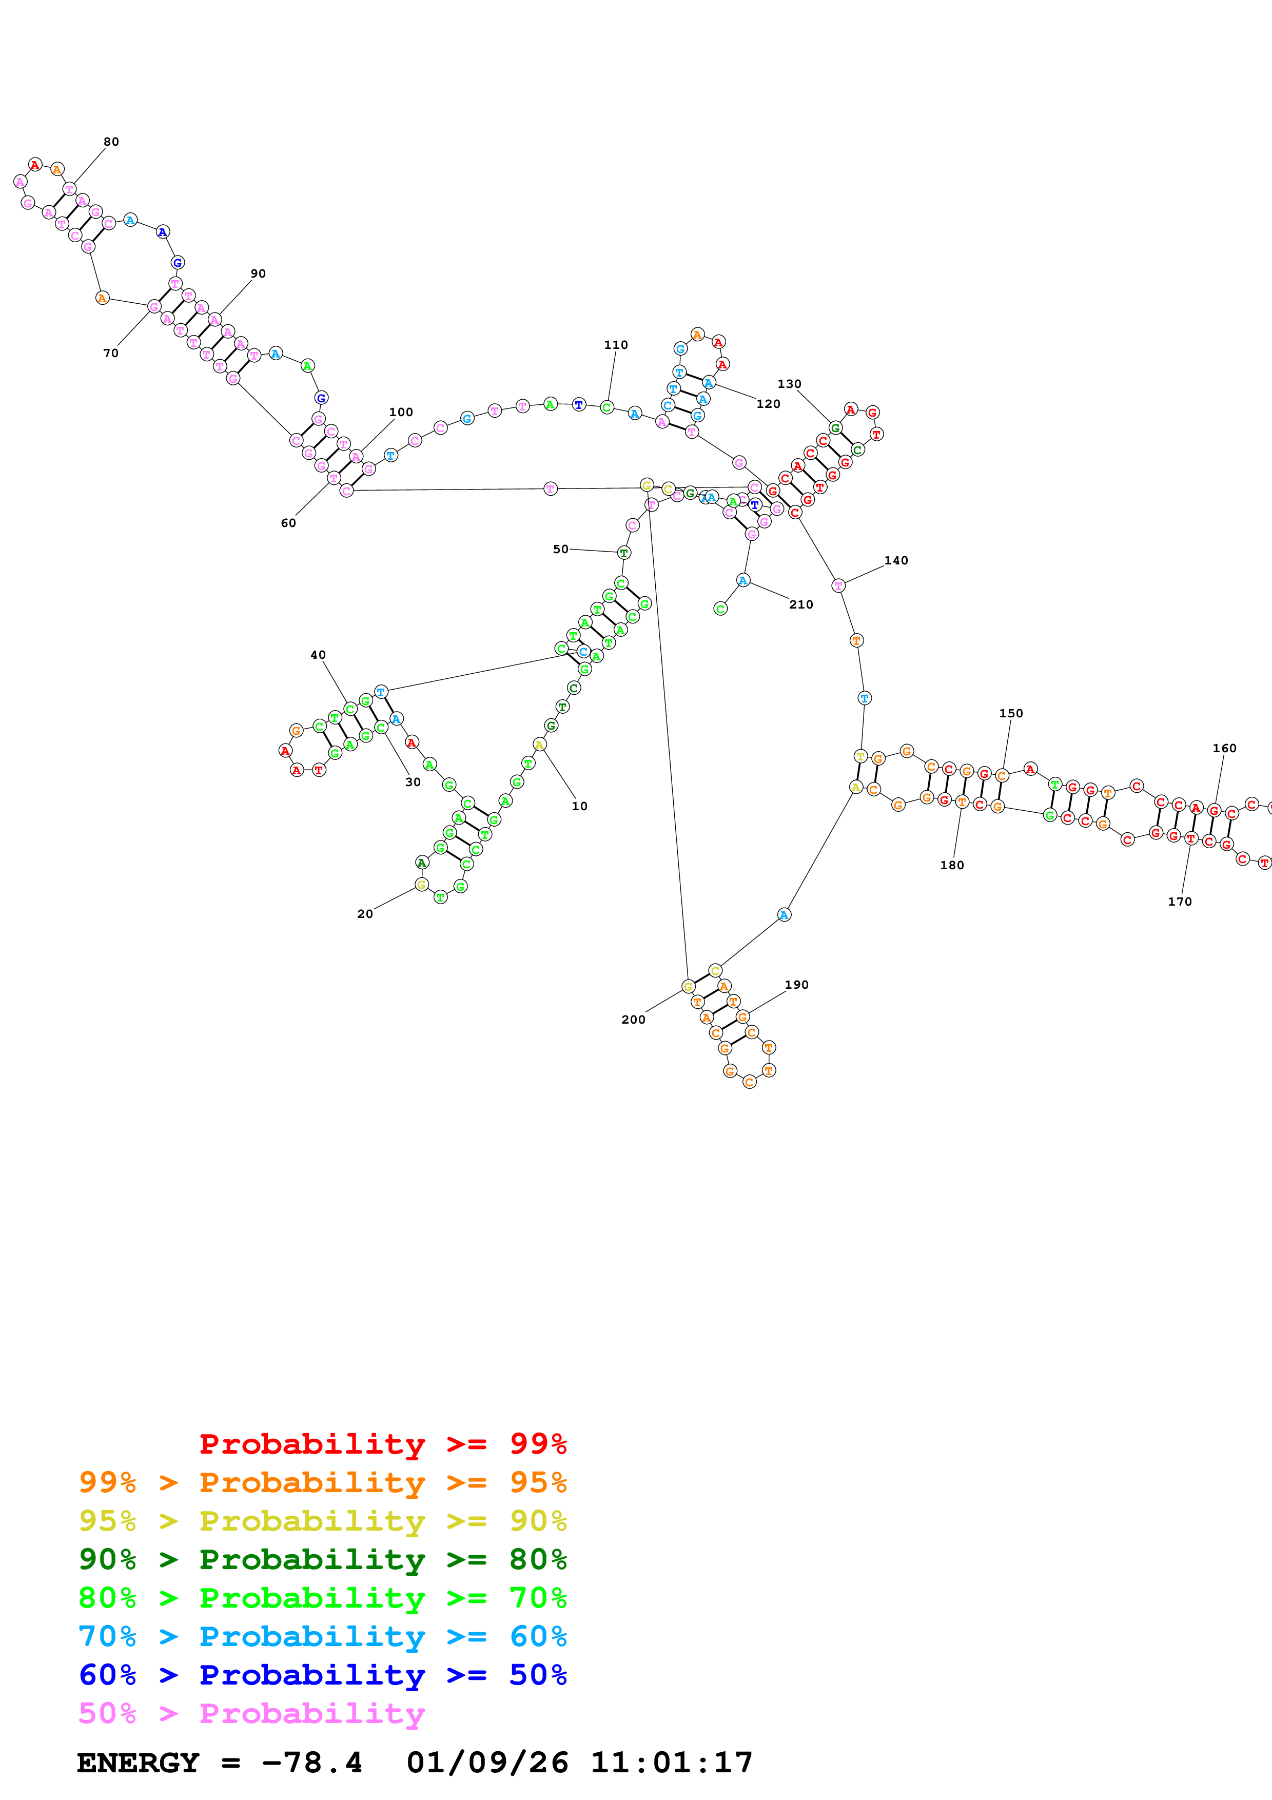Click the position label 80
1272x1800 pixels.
(x=111, y=142)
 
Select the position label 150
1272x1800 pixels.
(x=1010, y=713)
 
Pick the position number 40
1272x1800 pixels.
(x=318, y=655)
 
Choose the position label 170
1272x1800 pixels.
(x=1180, y=902)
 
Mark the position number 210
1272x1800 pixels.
(x=801, y=604)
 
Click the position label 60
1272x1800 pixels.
(x=288, y=523)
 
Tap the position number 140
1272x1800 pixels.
(x=896, y=560)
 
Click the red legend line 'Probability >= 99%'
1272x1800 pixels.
(x=382, y=1443)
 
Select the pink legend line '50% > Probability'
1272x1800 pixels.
(x=251, y=1713)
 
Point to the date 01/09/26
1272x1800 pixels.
(x=487, y=1763)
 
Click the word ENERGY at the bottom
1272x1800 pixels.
(x=138, y=1763)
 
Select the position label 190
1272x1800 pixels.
(x=796, y=985)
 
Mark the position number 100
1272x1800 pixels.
(x=401, y=413)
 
